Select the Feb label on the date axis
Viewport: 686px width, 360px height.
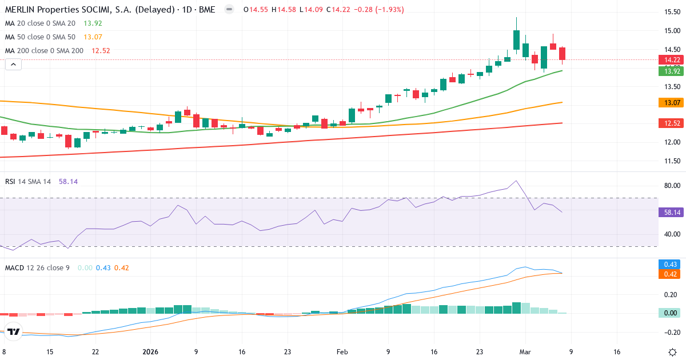342,352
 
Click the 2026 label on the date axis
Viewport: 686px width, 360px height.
150,352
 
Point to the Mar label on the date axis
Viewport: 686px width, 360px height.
524,352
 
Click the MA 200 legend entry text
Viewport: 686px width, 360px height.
45,50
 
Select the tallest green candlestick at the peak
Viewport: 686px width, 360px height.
516,40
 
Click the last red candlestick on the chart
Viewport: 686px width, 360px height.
563,53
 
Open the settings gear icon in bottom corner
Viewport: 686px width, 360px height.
672,352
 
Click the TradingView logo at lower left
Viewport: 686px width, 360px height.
14,331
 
